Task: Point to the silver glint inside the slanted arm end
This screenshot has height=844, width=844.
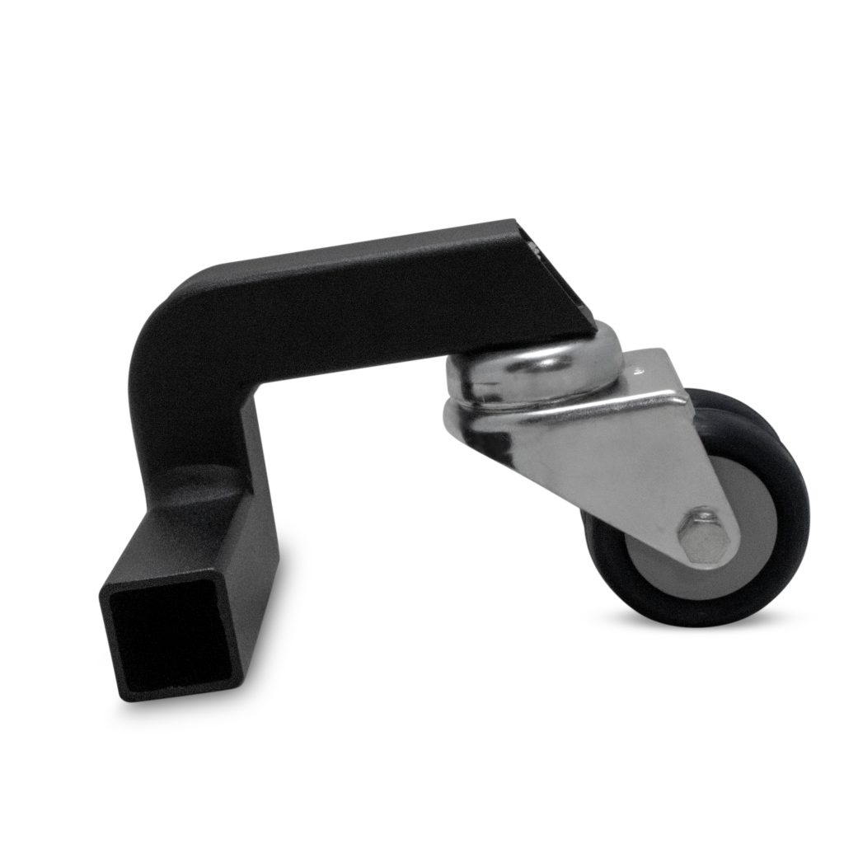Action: tap(533, 246)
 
